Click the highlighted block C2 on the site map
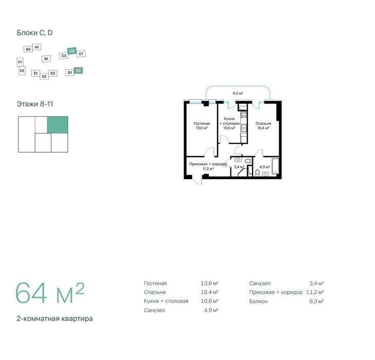(x=72, y=51)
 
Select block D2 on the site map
(x=78, y=71)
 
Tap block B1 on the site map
(x=46, y=59)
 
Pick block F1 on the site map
(x=20, y=62)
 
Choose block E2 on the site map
(x=44, y=76)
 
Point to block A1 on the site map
(x=37, y=47)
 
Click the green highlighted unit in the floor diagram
(x=58, y=125)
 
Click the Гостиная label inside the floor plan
(x=202, y=124)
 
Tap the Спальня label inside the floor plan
(x=263, y=124)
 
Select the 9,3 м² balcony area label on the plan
(x=238, y=93)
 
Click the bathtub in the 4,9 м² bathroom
(x=275, y=165)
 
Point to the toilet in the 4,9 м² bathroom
(x=257, y=173)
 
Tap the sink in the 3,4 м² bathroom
(x=238, y=159)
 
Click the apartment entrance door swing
(x=198, y=180)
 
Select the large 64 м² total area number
(x=50, y=293)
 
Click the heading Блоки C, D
(x=34, y=33)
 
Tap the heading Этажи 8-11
(x=34, y=104)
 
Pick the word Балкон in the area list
(x=258, y=301)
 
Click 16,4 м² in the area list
(x=209, y=292)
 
